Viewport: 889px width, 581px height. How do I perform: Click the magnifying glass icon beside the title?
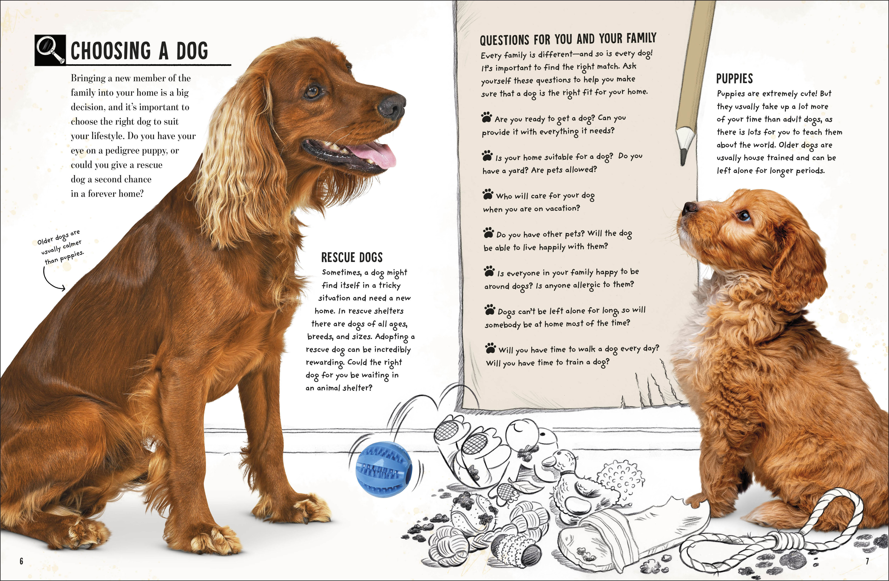(x=50, y=50)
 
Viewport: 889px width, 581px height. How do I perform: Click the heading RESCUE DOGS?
(x=352, y=257)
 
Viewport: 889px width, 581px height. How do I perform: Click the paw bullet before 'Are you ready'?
(x=486, y=118)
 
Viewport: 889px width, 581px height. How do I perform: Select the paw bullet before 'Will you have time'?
(x=490, y=348)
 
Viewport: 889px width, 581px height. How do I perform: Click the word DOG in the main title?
(x=192, y=51)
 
